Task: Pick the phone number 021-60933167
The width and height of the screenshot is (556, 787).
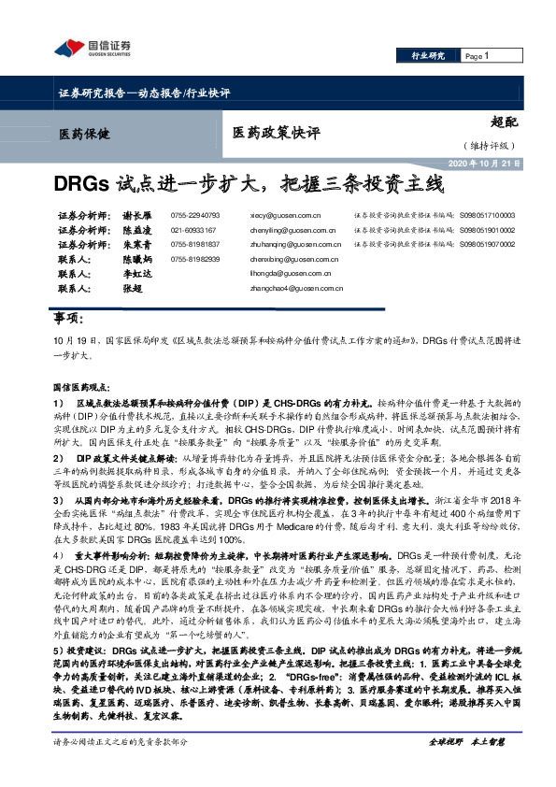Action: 193,229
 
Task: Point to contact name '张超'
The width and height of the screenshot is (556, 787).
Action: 132,289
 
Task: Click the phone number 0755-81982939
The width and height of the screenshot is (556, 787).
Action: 195,259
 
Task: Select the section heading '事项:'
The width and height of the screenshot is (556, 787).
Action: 72,321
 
